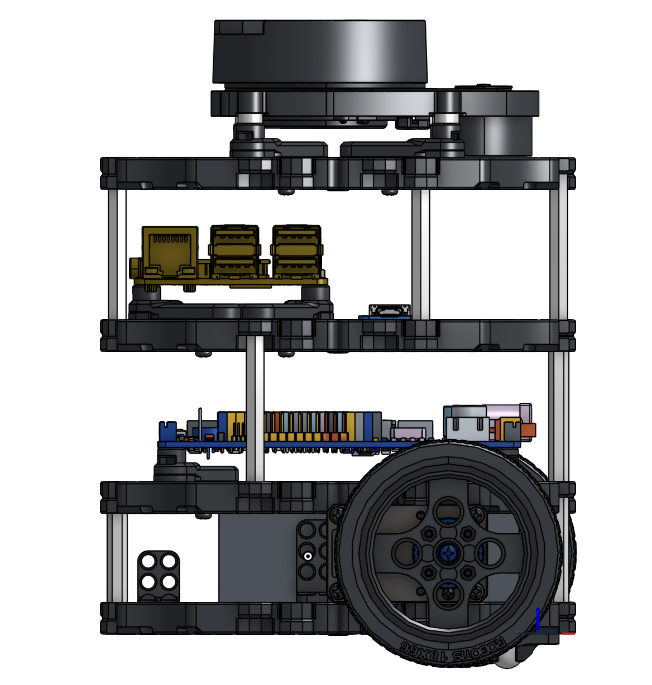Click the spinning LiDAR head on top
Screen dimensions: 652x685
[319, 52]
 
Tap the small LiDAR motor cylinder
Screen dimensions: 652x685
[498, 137]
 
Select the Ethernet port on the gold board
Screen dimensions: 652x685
[170, 252]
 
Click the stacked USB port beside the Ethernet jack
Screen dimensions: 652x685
[234, 252]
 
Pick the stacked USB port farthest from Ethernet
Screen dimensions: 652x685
[297, 252]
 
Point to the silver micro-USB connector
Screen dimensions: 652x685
[390, 310]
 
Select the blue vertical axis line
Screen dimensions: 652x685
[538, 619]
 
